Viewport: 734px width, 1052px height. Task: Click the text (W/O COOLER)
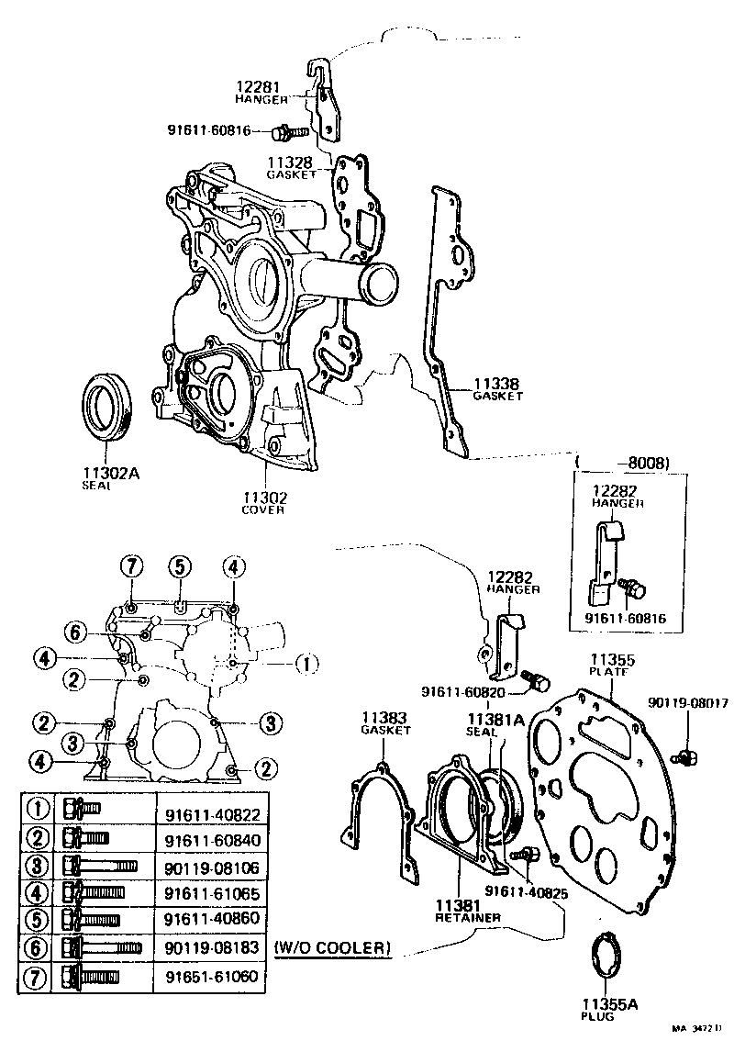331,946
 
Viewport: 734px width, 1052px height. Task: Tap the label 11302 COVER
264,503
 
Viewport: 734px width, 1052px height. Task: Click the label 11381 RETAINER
468,911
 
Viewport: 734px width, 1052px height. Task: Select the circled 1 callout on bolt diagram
307,662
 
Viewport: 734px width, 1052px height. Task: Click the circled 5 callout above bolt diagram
180,566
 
